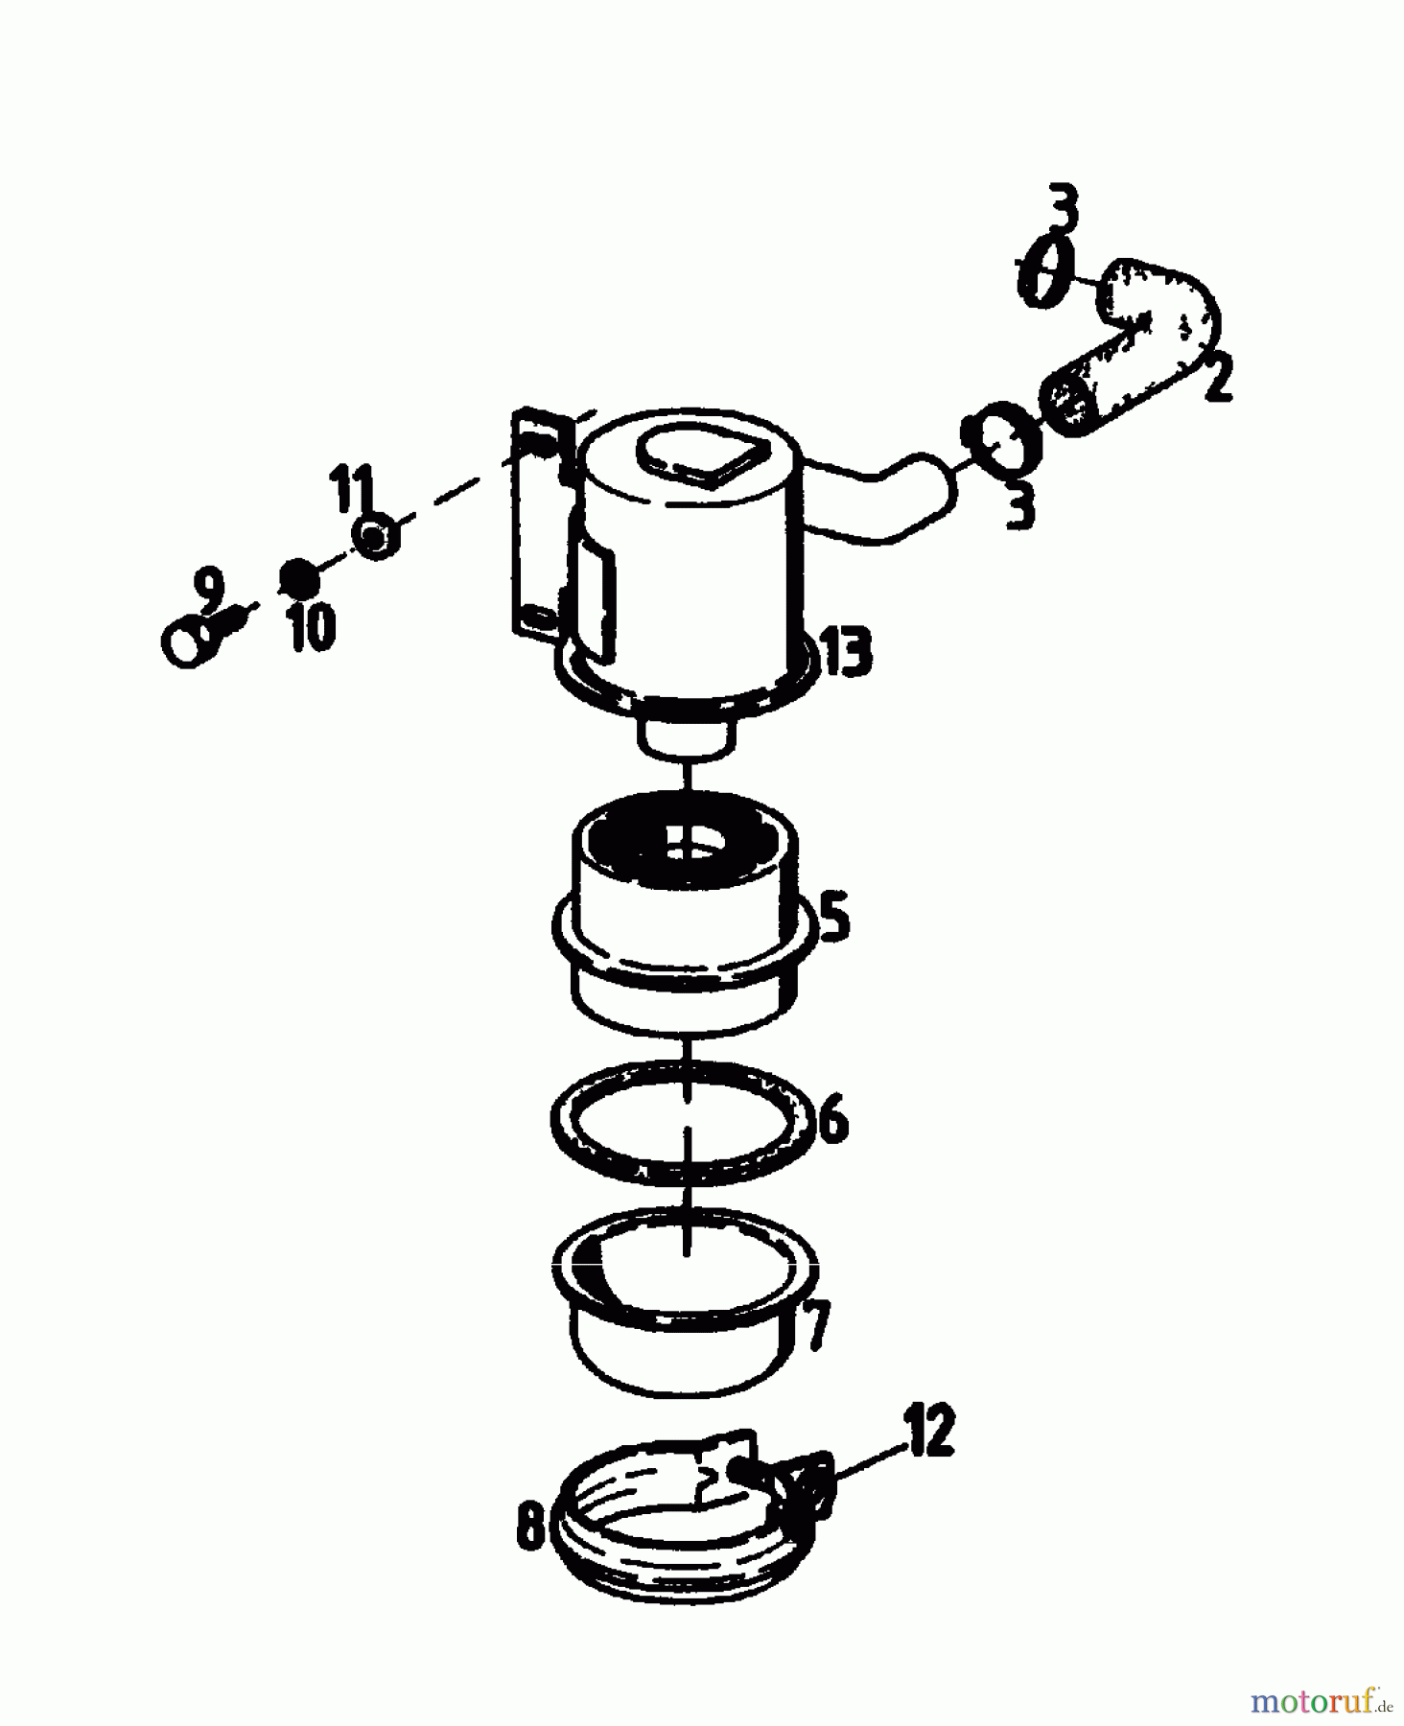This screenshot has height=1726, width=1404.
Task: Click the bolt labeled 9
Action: coord(204,635)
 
